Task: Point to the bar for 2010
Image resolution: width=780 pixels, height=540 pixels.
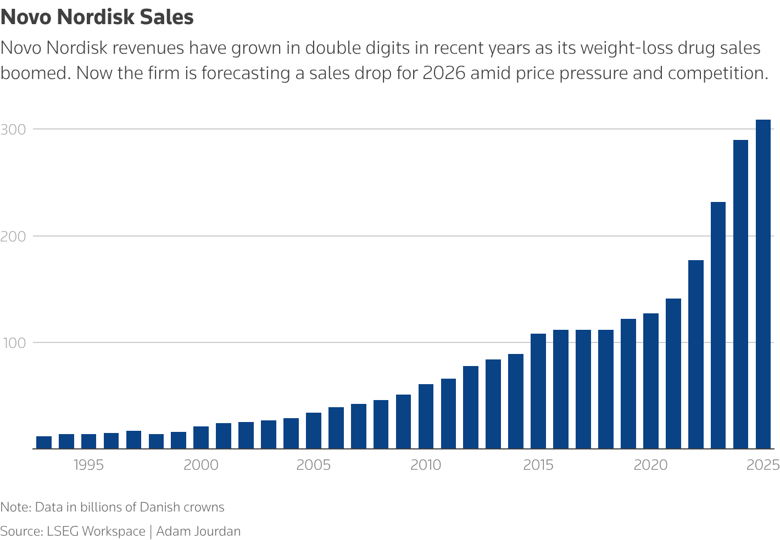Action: [426, 417]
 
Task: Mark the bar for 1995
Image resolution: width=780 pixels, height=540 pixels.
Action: [88, 441]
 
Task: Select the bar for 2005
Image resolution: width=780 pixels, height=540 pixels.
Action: [314, 431]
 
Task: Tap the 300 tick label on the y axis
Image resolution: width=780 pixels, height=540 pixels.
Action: [13, 130]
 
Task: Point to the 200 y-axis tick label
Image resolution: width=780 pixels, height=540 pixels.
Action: [13, 237]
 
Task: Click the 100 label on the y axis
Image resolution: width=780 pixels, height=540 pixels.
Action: [13, 343]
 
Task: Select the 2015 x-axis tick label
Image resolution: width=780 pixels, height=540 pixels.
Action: [538, 465]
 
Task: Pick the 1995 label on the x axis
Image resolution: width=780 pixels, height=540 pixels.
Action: [88, 465]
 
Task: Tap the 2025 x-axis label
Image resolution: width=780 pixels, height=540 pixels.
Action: [763, 465]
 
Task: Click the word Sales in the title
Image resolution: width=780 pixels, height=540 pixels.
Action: [166, 18]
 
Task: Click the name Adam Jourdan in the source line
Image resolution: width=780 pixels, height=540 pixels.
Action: [198, 531]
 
